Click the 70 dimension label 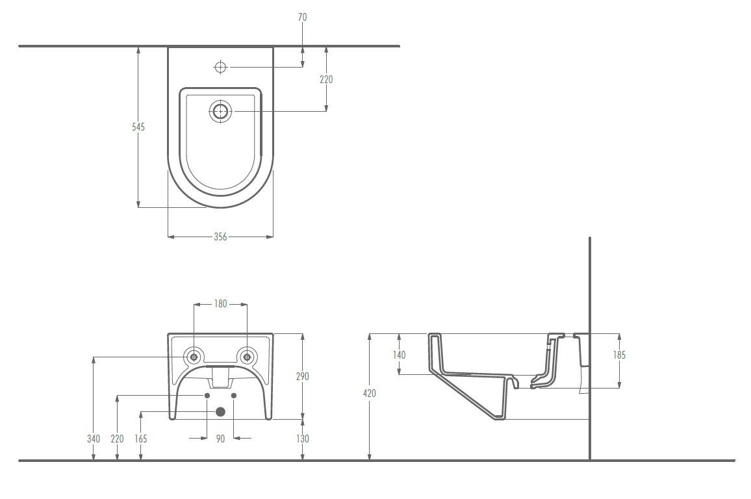point(302,18)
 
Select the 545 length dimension point(138,127)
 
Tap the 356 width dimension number point(220,237)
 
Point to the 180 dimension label point(220,303)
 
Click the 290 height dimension point(302,376)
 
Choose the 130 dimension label point(302,439)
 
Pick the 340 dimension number point(94,439)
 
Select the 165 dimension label point(141,439)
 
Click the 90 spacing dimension point(220,439)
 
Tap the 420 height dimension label point(370,393)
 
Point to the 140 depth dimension point(399,355)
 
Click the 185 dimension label point(619,355)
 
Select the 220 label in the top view point(326,79)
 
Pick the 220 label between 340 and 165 point(118,439)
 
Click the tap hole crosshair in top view point(220,68)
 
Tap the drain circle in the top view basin point(220,112)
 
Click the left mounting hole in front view point(194,357)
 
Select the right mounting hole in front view point(247,357)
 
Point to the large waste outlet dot point(221,412)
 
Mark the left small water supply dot point(207,396)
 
